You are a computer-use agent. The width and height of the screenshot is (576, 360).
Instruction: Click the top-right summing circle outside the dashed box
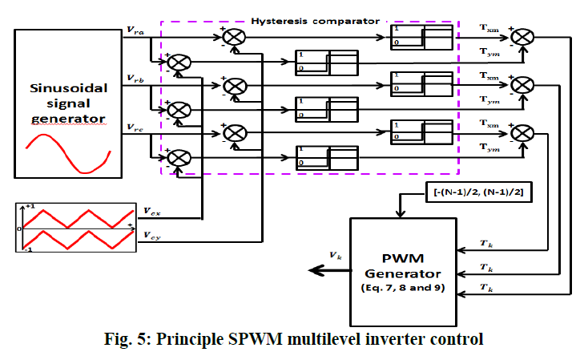[x=522, y=36]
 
